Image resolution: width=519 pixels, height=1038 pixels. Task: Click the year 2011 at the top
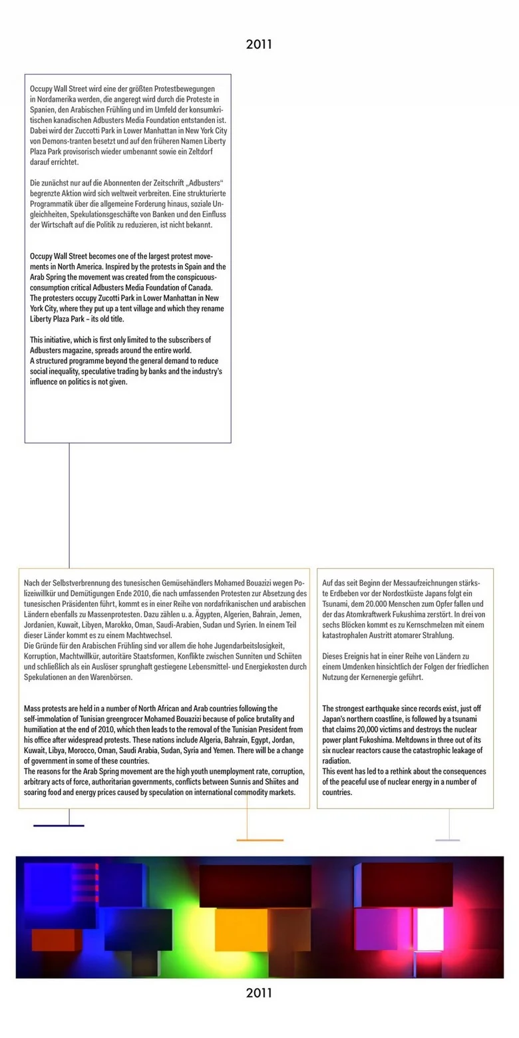259,45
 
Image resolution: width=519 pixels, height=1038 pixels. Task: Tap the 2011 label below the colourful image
259,993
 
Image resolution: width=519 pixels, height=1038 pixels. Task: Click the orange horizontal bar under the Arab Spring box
259,840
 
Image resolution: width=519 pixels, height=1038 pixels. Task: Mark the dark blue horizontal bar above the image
59,826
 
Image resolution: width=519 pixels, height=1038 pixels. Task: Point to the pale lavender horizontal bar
447,840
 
